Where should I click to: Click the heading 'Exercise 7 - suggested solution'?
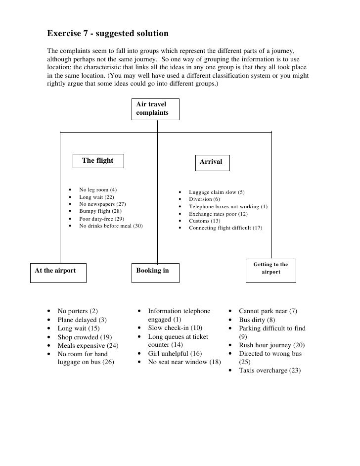(x=108, y=34)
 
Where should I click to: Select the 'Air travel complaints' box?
(x=155, y=109)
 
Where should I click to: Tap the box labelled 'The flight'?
(x=98, y=161)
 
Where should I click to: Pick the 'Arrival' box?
(x=212, y=162)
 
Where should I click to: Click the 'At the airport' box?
(x=58, y=272)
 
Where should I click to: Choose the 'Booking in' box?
(x=155, y=272)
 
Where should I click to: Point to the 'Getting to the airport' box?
(x=270, y=269)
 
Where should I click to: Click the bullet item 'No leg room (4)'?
(x=98, y=190)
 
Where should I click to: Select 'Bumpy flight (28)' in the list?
(x=100, y=211)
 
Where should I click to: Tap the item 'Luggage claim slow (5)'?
(x=217, y=192)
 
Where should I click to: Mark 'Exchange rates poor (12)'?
(x=219, y=214)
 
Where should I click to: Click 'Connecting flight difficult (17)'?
(x=225, y=228)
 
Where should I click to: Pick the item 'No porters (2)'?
(x=78, y=311)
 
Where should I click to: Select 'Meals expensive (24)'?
(x=88, y=345)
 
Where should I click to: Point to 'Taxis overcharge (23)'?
(x=270, y=371)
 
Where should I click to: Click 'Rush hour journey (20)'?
(x=271, y=345)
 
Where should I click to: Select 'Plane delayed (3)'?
(x=82, y=320)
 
